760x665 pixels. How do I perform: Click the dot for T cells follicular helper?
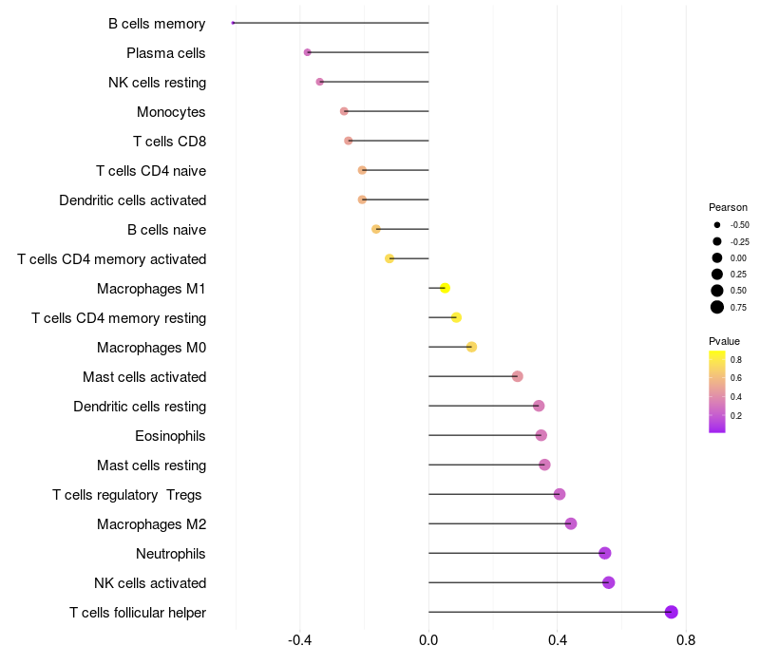pyautogui.click(x=671, y=612)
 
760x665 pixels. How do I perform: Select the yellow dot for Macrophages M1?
pyautogui.click(x=445, y=288)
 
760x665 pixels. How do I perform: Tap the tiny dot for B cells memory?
pyautogui.click(x=233, y=23)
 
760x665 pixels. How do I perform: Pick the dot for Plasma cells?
pyautogui.click(x=307, y=52)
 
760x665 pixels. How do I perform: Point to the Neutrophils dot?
pyautogui.click(x=604, y=553)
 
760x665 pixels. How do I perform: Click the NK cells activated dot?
pyautogui.click(x=608, y=582)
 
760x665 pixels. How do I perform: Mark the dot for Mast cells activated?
pyautogui.click(x=517, y=376)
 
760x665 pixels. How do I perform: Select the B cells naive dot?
pyautogui.click(x=376, y=229)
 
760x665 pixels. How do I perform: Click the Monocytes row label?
pyautogui.click(x=171, y=112)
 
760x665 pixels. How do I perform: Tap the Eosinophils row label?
pyautogui.click(x=170, y=436)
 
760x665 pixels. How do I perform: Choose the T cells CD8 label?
pyautogui.click(x=170, y=142)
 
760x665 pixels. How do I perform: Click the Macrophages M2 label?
pyautogui.click(x=152, y=524)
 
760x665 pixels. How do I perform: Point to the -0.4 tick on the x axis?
pyautogui.click(x=299, y=640)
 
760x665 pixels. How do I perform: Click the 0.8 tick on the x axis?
pyautogui.click(x=686, y=640)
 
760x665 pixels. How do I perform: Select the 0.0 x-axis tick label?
pyautogui.click(x=428, y=640)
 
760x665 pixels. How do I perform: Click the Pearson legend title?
pyautogui.click(x=728, y=207)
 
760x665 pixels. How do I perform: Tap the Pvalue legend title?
pyautogui.click(x=724, y=341)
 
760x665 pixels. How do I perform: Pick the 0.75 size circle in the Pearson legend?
pyautogui.click(x=717, y=307)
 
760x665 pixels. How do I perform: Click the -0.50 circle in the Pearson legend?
pyautogui.click(x=717, y=225)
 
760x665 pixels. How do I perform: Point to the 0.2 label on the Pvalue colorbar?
pyautogui.click(x=735, y=415)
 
